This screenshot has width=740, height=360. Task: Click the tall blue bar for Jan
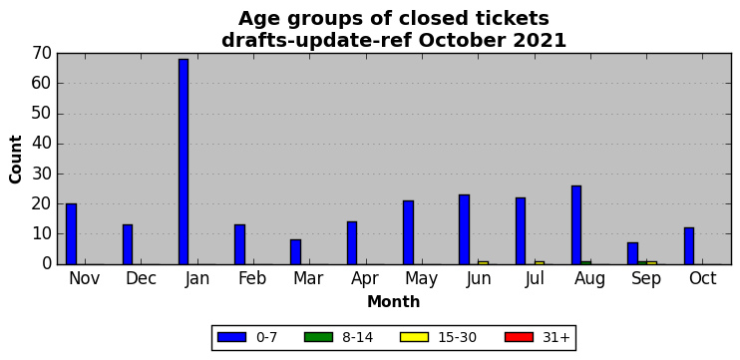pyautogui.click(x=184, y=162)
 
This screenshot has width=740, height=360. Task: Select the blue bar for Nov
pyautogui.click(x=71, y=234)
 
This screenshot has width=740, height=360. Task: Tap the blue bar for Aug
pyautogui.click(x=576, y=225)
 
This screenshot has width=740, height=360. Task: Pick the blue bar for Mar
pyautogui.click(x=295, y=252)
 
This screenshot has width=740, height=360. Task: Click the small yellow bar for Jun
pyautogui.click(x=484, y=262)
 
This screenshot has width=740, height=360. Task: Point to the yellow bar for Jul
pyautogui.click(x=540, y=262)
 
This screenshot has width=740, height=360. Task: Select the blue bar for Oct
pyautogui.click(x=689, y=246)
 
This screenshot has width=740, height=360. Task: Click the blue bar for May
pyautogui.click(x=408, y=232)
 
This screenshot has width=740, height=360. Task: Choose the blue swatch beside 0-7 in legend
pyautogui.click(x=231, y=337)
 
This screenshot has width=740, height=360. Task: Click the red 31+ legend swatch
pyautogui.click(x=519, y=337)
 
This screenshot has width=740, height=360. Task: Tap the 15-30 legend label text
pyautogui.click(x=458, y=337)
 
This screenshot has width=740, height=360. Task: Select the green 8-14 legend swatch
pyautogui.click(x=318, y=337)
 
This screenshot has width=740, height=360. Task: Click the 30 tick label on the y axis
pyautogui.click(x=42, y=175)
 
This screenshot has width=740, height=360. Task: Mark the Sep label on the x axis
pyautogui.click(x=646, y=279)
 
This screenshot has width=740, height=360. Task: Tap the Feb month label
pyautogui.click(x=252, y=278)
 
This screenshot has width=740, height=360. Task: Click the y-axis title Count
pyautogui.click(x=16, y=159)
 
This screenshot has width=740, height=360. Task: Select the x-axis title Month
pyautogui.click(x=394, y=301)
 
